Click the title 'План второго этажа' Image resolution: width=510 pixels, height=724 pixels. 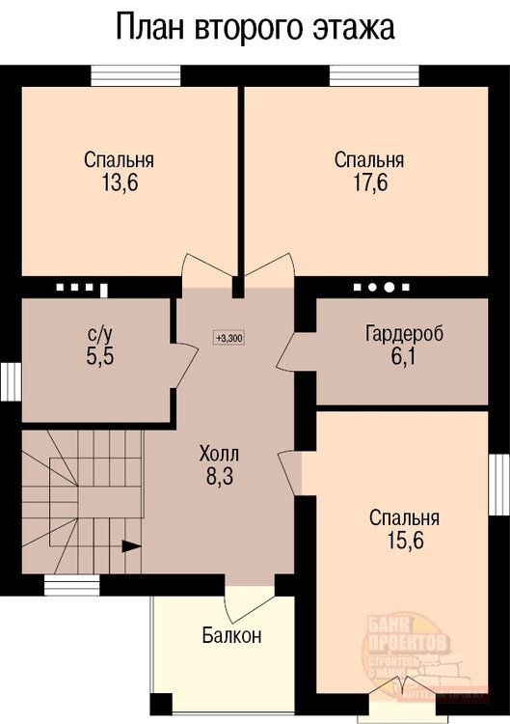pos(255,28)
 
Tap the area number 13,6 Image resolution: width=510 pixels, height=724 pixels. pos(119,183)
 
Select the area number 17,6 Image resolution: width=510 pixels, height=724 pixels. pos(369,183)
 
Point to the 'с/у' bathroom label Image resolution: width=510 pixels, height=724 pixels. pos(100,334)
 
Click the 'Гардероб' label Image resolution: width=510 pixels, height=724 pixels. pos(404,334)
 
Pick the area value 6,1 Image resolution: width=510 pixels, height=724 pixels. pos(404,357)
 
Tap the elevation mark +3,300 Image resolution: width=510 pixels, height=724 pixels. pos(229,338)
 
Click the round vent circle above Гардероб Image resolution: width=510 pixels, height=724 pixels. pos(389,288)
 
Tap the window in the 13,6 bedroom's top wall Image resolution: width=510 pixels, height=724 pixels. pos(135,74)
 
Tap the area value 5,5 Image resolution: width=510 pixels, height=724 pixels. pos(100,356)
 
